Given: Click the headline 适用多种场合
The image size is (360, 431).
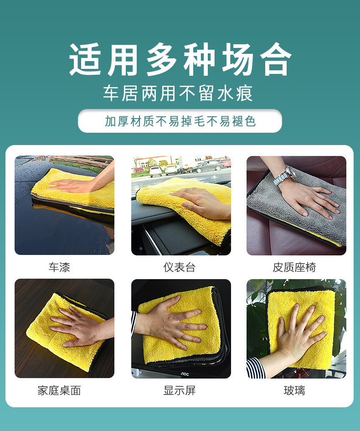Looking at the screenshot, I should pos(180,59).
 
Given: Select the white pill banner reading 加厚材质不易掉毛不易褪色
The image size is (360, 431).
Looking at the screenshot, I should pos(180,121).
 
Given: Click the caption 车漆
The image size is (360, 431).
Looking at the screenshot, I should pos(59,267).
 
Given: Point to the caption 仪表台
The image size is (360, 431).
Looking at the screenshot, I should pos(180,267).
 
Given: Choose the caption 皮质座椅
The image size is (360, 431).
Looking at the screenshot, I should pos(294,267).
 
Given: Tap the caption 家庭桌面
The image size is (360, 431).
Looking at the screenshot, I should pos(59,390).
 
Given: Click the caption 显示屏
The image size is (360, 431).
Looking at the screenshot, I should pos(180,390).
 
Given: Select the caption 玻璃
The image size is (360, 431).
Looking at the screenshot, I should pos(294,390).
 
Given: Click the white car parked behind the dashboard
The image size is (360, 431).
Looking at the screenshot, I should pos(156,171).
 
